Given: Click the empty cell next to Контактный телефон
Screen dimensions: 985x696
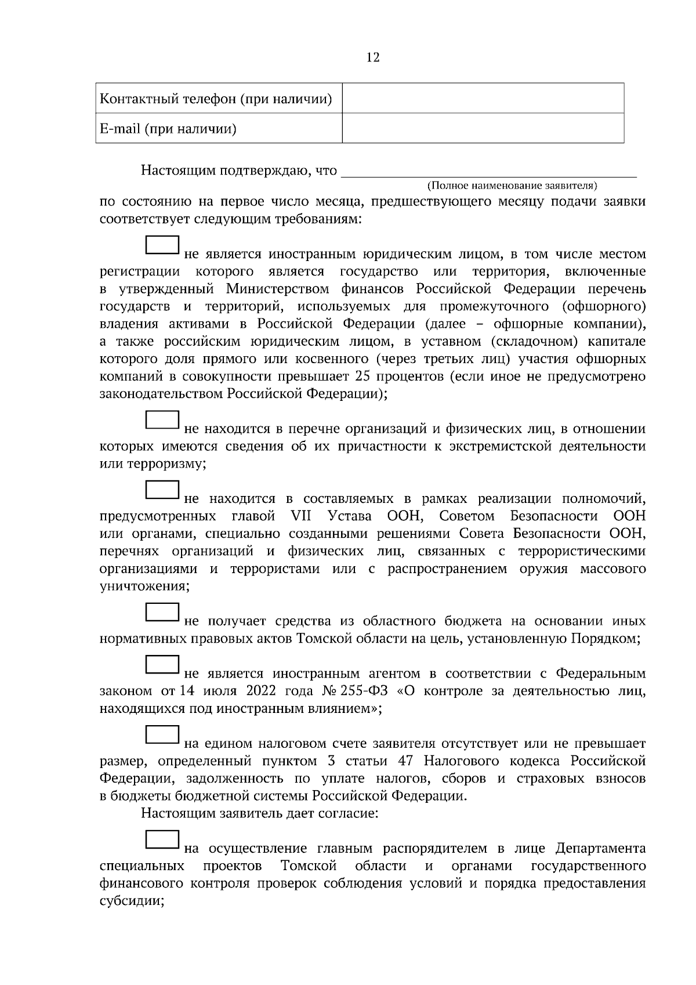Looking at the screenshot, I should (x=483, y=98).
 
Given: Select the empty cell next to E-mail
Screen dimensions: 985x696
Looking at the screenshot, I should (x=483, y=128).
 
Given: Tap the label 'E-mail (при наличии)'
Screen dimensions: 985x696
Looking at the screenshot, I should (x=168, y=129).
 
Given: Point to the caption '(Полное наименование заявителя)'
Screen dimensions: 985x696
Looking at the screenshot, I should (x=512, y=186).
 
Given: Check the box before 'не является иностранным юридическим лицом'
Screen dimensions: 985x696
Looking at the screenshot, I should (x=162, y=245).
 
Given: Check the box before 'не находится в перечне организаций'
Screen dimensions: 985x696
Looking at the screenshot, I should (x=162, y=420).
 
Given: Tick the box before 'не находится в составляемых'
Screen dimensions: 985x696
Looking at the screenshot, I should (x=162, y=490).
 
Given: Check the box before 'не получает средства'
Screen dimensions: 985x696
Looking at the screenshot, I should (x=162, y=613).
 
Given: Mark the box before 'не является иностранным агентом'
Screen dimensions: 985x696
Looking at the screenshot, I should (x=162, y=665).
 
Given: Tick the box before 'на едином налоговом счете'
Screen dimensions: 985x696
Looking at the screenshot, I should (x=162, y=734).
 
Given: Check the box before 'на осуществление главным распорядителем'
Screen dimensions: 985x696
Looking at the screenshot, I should (x=162, y=840).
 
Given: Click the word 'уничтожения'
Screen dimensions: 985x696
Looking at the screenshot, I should (x=143, y=586).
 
